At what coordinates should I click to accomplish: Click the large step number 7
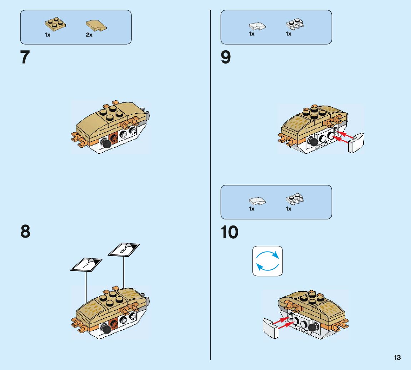tap(25, 57)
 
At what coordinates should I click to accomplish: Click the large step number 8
tap(25, 232)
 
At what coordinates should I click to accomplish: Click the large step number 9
tap(226, 57)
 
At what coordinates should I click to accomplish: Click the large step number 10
tap(230, 232)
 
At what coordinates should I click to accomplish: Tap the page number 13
tap(397, 358)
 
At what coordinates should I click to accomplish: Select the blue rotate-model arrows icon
tap(267, 261)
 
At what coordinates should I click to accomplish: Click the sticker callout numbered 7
tap(86, 264)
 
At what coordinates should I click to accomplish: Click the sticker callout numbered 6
tap(124, 250)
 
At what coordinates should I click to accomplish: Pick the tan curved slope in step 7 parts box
tap(96, 26)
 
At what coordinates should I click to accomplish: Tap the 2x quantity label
tap(89, 35)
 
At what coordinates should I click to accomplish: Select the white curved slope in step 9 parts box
tap(257, 26)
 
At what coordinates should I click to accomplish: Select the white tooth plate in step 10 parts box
tap(295, 199)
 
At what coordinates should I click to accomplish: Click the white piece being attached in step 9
tap(356, 143)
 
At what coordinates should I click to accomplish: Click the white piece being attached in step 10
tap(271, 328)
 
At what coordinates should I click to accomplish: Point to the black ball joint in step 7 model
tap(106, 144)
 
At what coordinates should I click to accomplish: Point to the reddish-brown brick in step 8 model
tap(114, 323)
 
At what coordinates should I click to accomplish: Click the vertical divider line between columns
tap(210, 185)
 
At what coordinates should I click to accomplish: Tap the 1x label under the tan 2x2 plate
tap(47, 35)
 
